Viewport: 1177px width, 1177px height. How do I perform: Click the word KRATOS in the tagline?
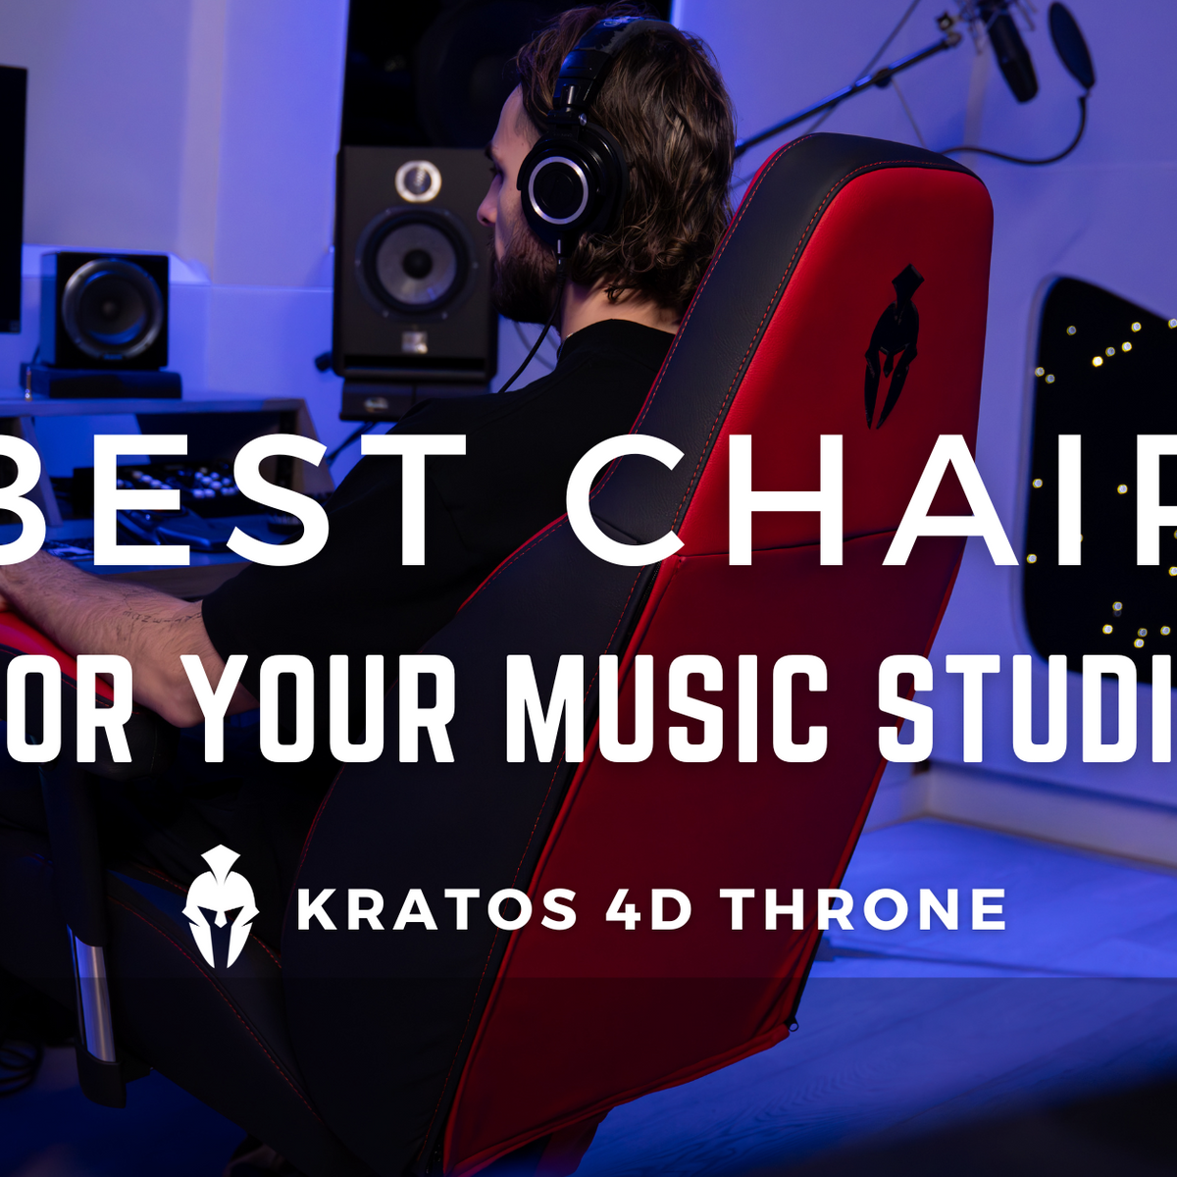436,909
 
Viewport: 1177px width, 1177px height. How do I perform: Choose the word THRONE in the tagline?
864,909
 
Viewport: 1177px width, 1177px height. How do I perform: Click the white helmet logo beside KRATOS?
221,906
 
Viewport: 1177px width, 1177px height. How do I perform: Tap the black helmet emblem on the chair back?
893,343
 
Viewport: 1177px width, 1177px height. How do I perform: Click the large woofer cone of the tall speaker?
417,262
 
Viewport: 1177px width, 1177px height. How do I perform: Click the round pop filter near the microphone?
1071,44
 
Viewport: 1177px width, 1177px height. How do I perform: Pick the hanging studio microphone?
1010,54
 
